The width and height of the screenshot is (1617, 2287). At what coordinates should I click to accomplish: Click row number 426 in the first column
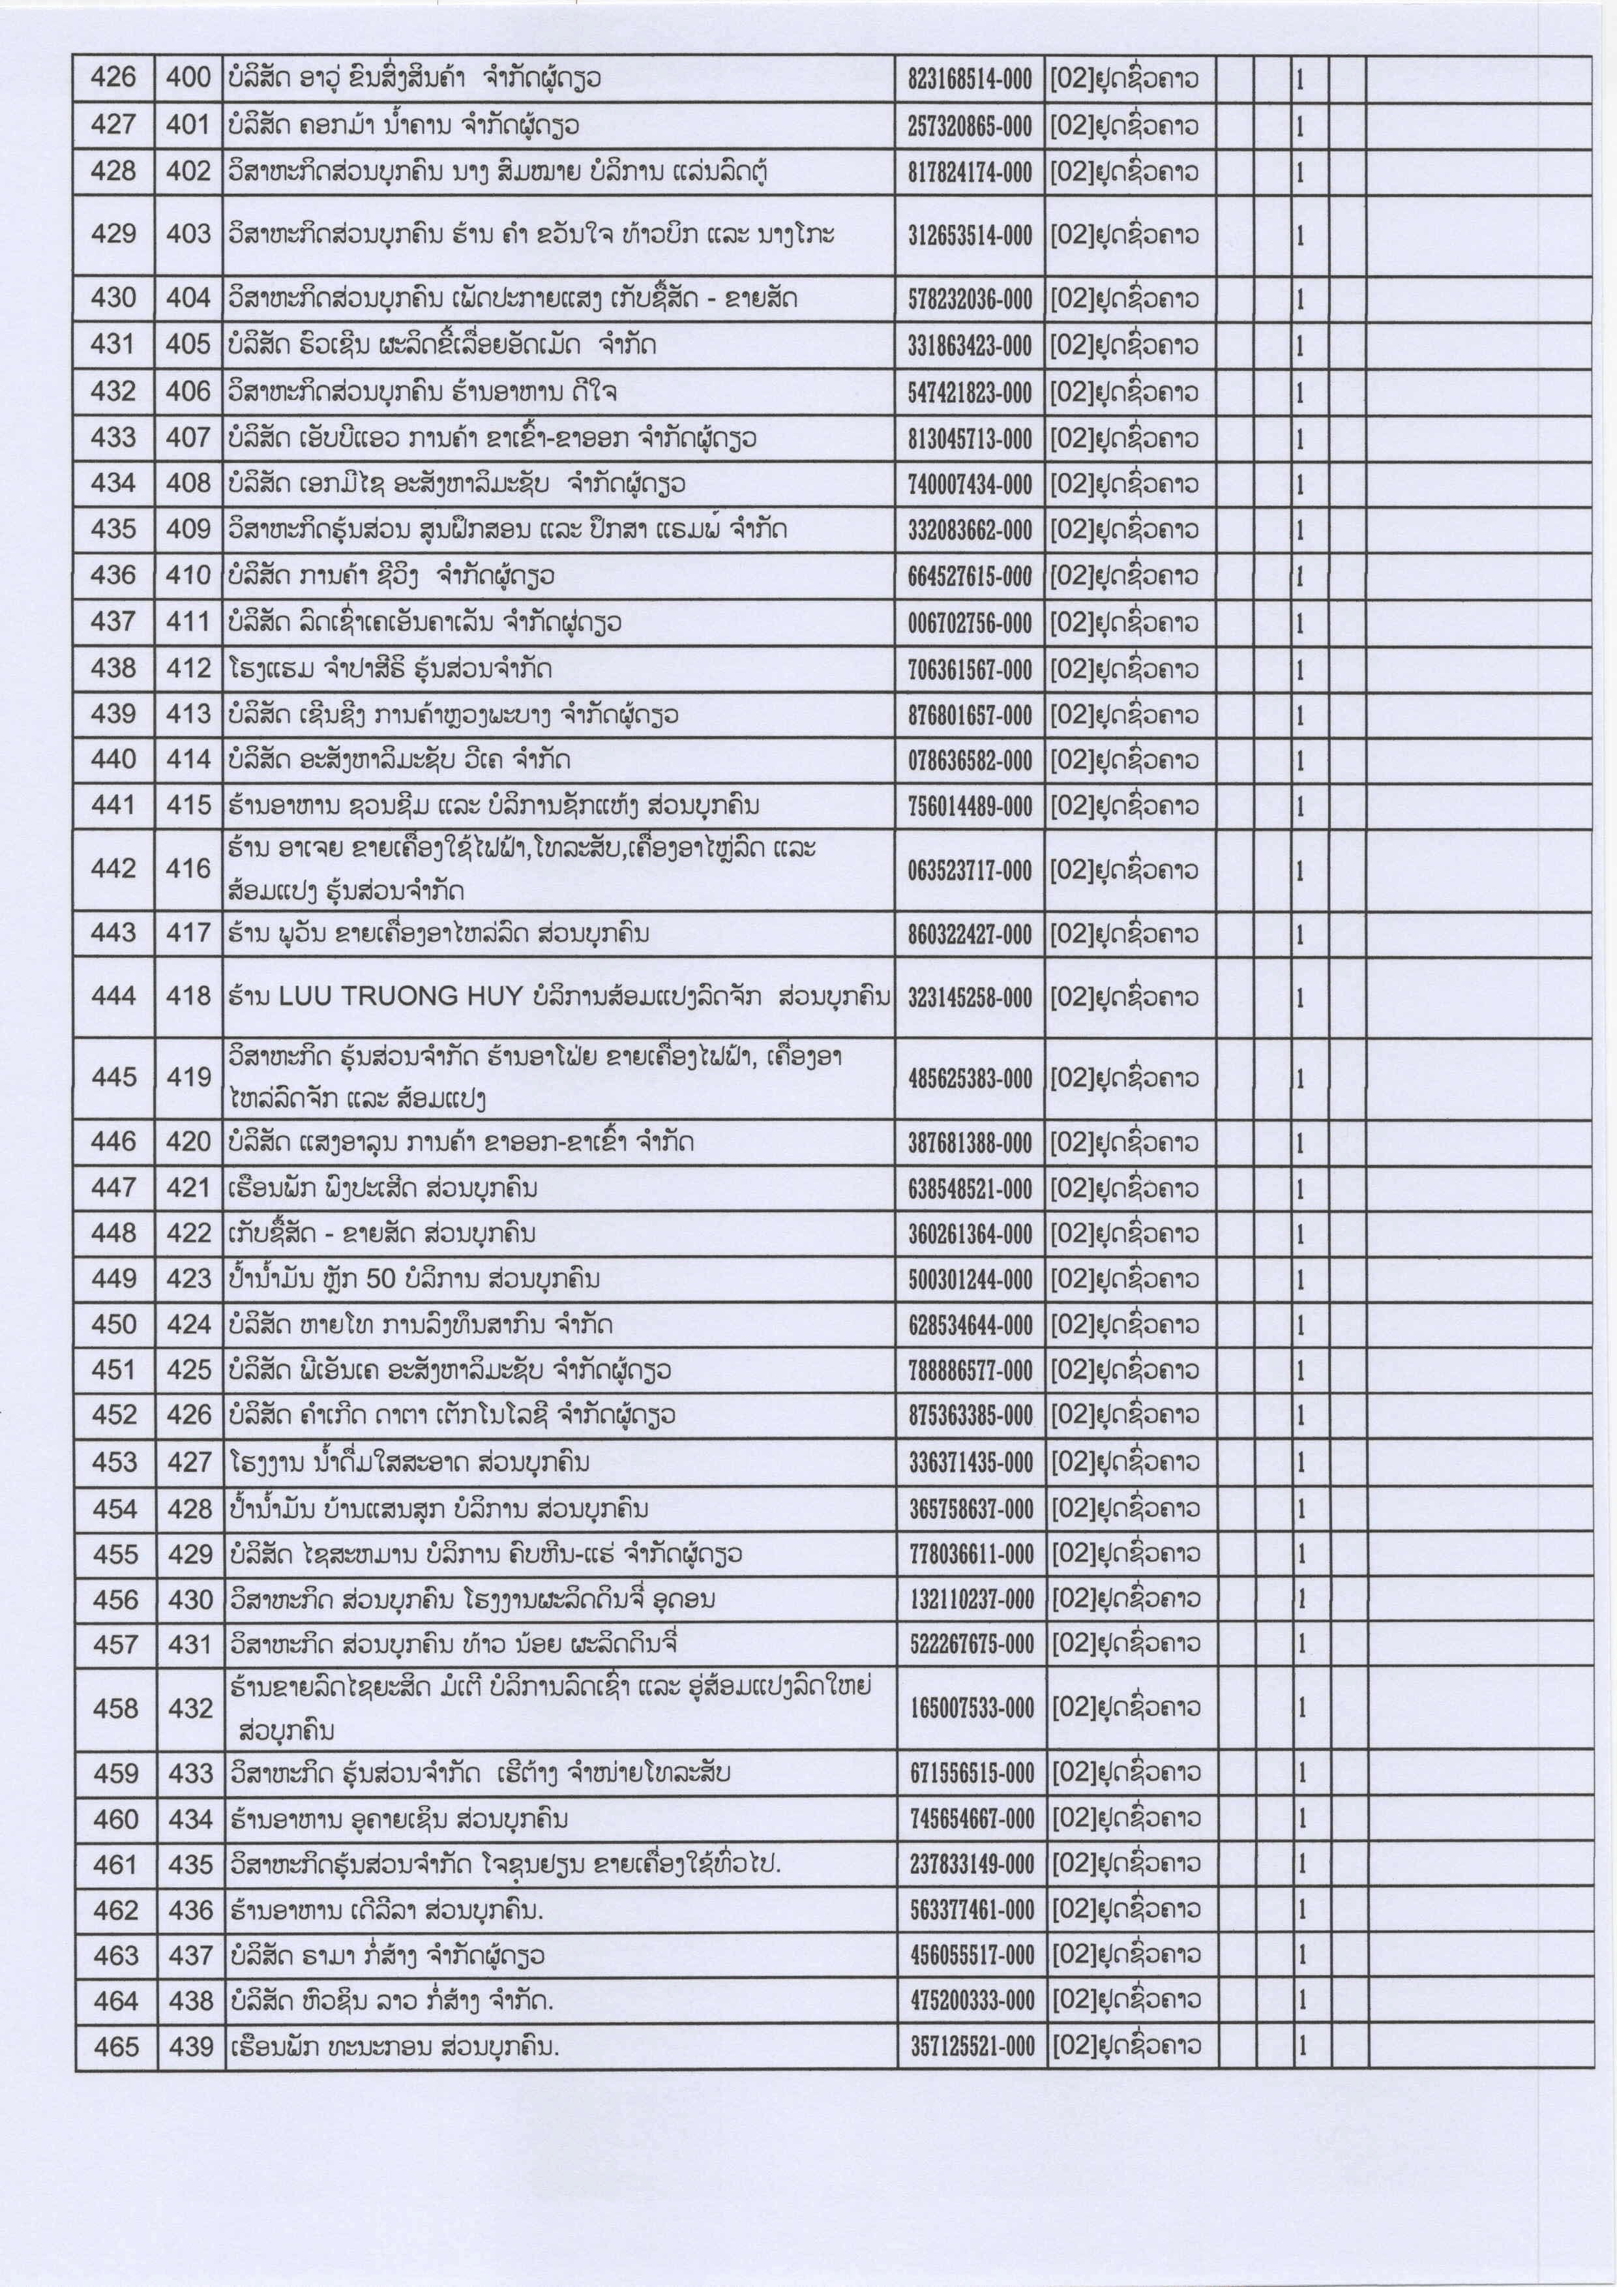[x=113, y=78]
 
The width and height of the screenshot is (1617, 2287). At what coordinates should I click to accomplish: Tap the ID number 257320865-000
[x=969, y=127]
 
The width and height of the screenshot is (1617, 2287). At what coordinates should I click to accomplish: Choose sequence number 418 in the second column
[x=189, y=995]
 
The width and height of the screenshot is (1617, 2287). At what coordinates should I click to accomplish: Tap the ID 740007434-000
[x=969, y=485]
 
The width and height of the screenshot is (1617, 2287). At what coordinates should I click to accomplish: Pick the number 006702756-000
[x=969, y=623]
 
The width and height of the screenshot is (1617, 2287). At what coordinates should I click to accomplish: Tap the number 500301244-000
[x=970, y=1280]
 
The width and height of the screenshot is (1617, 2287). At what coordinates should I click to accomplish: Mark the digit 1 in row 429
[x=1299, y=236]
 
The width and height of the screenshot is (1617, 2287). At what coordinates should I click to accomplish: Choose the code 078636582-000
[x=969, y=761]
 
